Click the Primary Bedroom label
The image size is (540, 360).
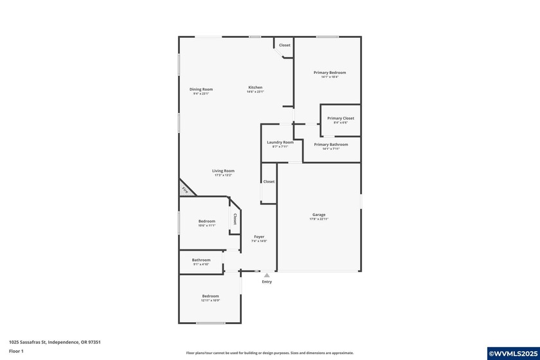[330, 73]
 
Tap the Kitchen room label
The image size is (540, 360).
[255, 87]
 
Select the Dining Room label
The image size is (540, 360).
[201, 89]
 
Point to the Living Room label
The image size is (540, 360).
[223, 171]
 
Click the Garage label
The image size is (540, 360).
[319, 215]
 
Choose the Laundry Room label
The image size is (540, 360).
[280, 142]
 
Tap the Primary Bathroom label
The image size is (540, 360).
[331, 145]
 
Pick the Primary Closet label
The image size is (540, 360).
[340, 118]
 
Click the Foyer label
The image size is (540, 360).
[259, 237]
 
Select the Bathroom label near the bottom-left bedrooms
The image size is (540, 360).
[201, 260]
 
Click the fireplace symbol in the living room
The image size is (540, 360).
[185, 190]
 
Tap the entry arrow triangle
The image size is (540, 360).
[267, 275]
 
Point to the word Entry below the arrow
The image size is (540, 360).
[267, 282]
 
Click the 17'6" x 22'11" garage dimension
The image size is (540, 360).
[319, 219]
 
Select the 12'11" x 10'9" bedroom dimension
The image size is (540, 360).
[211, 300]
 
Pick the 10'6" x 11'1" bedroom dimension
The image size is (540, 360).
[206, 226]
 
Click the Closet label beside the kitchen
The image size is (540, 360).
[284, 45]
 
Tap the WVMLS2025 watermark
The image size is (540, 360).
[513, 354]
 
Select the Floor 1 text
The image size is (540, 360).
[16, 351]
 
